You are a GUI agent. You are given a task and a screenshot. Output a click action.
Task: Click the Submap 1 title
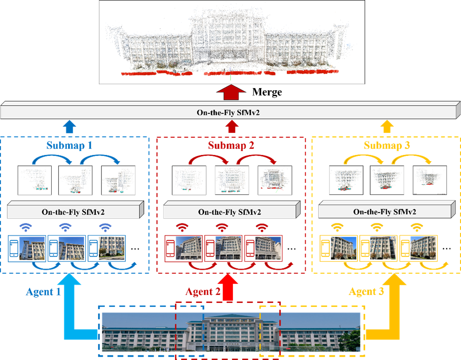(x=69, y=146)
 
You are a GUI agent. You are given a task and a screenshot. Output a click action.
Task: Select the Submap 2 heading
(x=231, y=146)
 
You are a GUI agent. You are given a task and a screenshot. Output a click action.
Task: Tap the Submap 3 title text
(x=387, y=146)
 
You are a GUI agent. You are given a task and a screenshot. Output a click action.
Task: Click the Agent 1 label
(x=43, y=292)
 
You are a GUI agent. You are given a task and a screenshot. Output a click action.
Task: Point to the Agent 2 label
(x=203, y=292)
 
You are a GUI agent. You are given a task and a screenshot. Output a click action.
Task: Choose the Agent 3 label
(x=366, y=292)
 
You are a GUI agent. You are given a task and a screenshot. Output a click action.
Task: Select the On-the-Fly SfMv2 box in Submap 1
(x=73, y=212)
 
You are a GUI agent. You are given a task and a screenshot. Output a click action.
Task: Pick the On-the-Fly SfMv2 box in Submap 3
(x=385, y=212)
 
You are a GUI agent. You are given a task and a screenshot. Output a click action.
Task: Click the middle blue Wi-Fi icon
(x=66, y=228)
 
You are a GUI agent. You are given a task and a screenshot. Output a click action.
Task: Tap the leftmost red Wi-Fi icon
(x=182, y=228)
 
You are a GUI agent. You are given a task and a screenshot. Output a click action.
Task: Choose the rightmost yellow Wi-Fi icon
(x=417, y=228)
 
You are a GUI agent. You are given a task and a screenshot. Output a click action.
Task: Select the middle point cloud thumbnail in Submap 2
(x=232, y=180)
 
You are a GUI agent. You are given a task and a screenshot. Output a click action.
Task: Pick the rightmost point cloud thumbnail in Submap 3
(x=430, y=180)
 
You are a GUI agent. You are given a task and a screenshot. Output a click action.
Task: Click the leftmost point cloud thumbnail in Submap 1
(x=34, y=180)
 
